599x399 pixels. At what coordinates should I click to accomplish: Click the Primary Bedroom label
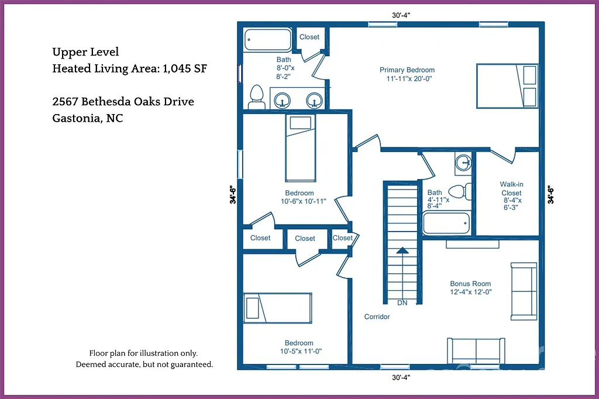tap(407, 70)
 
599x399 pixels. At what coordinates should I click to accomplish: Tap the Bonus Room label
tap(470, 284)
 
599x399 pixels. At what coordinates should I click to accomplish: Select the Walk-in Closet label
tap(511, 188)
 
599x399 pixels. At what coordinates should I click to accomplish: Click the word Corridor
tap(377, 317)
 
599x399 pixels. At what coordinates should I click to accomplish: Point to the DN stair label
tap(402, 303)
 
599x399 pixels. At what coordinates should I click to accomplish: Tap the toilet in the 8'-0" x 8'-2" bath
tap(256, 96)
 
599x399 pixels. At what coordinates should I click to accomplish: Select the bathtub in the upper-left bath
tap(268, 40)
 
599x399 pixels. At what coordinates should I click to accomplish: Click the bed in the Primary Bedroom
tap(507, 86)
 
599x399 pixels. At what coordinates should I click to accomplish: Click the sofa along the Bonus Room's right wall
tap(524, 291)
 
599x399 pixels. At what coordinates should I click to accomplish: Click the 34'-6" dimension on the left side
tap(233, 194)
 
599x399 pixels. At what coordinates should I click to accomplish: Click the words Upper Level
tap(85, 52)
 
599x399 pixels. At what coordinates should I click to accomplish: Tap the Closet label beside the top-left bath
tap(309, 37)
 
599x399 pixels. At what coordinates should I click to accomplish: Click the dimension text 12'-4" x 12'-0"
tap(470, 292)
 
